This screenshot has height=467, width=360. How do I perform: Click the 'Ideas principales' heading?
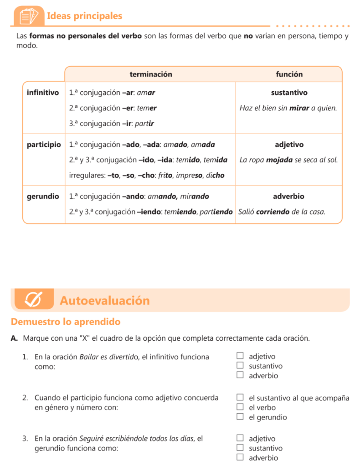click(84, 16)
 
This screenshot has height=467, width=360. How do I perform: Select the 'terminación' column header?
click(151, 74)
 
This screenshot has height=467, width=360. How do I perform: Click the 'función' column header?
click(289, 74)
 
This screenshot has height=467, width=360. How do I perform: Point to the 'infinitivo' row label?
click(43, 93)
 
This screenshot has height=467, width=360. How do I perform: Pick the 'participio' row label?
click(44, 145)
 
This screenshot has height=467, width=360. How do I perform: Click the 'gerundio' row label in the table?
click(43, 197)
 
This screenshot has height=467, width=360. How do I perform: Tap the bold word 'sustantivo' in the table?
click(289, 93)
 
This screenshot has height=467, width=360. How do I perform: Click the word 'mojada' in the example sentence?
click(278, 160)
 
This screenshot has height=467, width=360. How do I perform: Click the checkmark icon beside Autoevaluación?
click(33, 300)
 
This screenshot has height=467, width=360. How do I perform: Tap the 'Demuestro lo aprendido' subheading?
click(66, 322)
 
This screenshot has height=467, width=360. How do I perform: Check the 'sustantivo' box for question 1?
click(240, 366)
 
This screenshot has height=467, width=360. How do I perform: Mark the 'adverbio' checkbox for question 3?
click(240, 457)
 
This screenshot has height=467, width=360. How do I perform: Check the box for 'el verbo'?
click(240, 407)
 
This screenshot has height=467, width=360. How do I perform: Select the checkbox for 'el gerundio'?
click(240, 417)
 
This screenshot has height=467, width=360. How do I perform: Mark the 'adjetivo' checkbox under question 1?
click(240, 356)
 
